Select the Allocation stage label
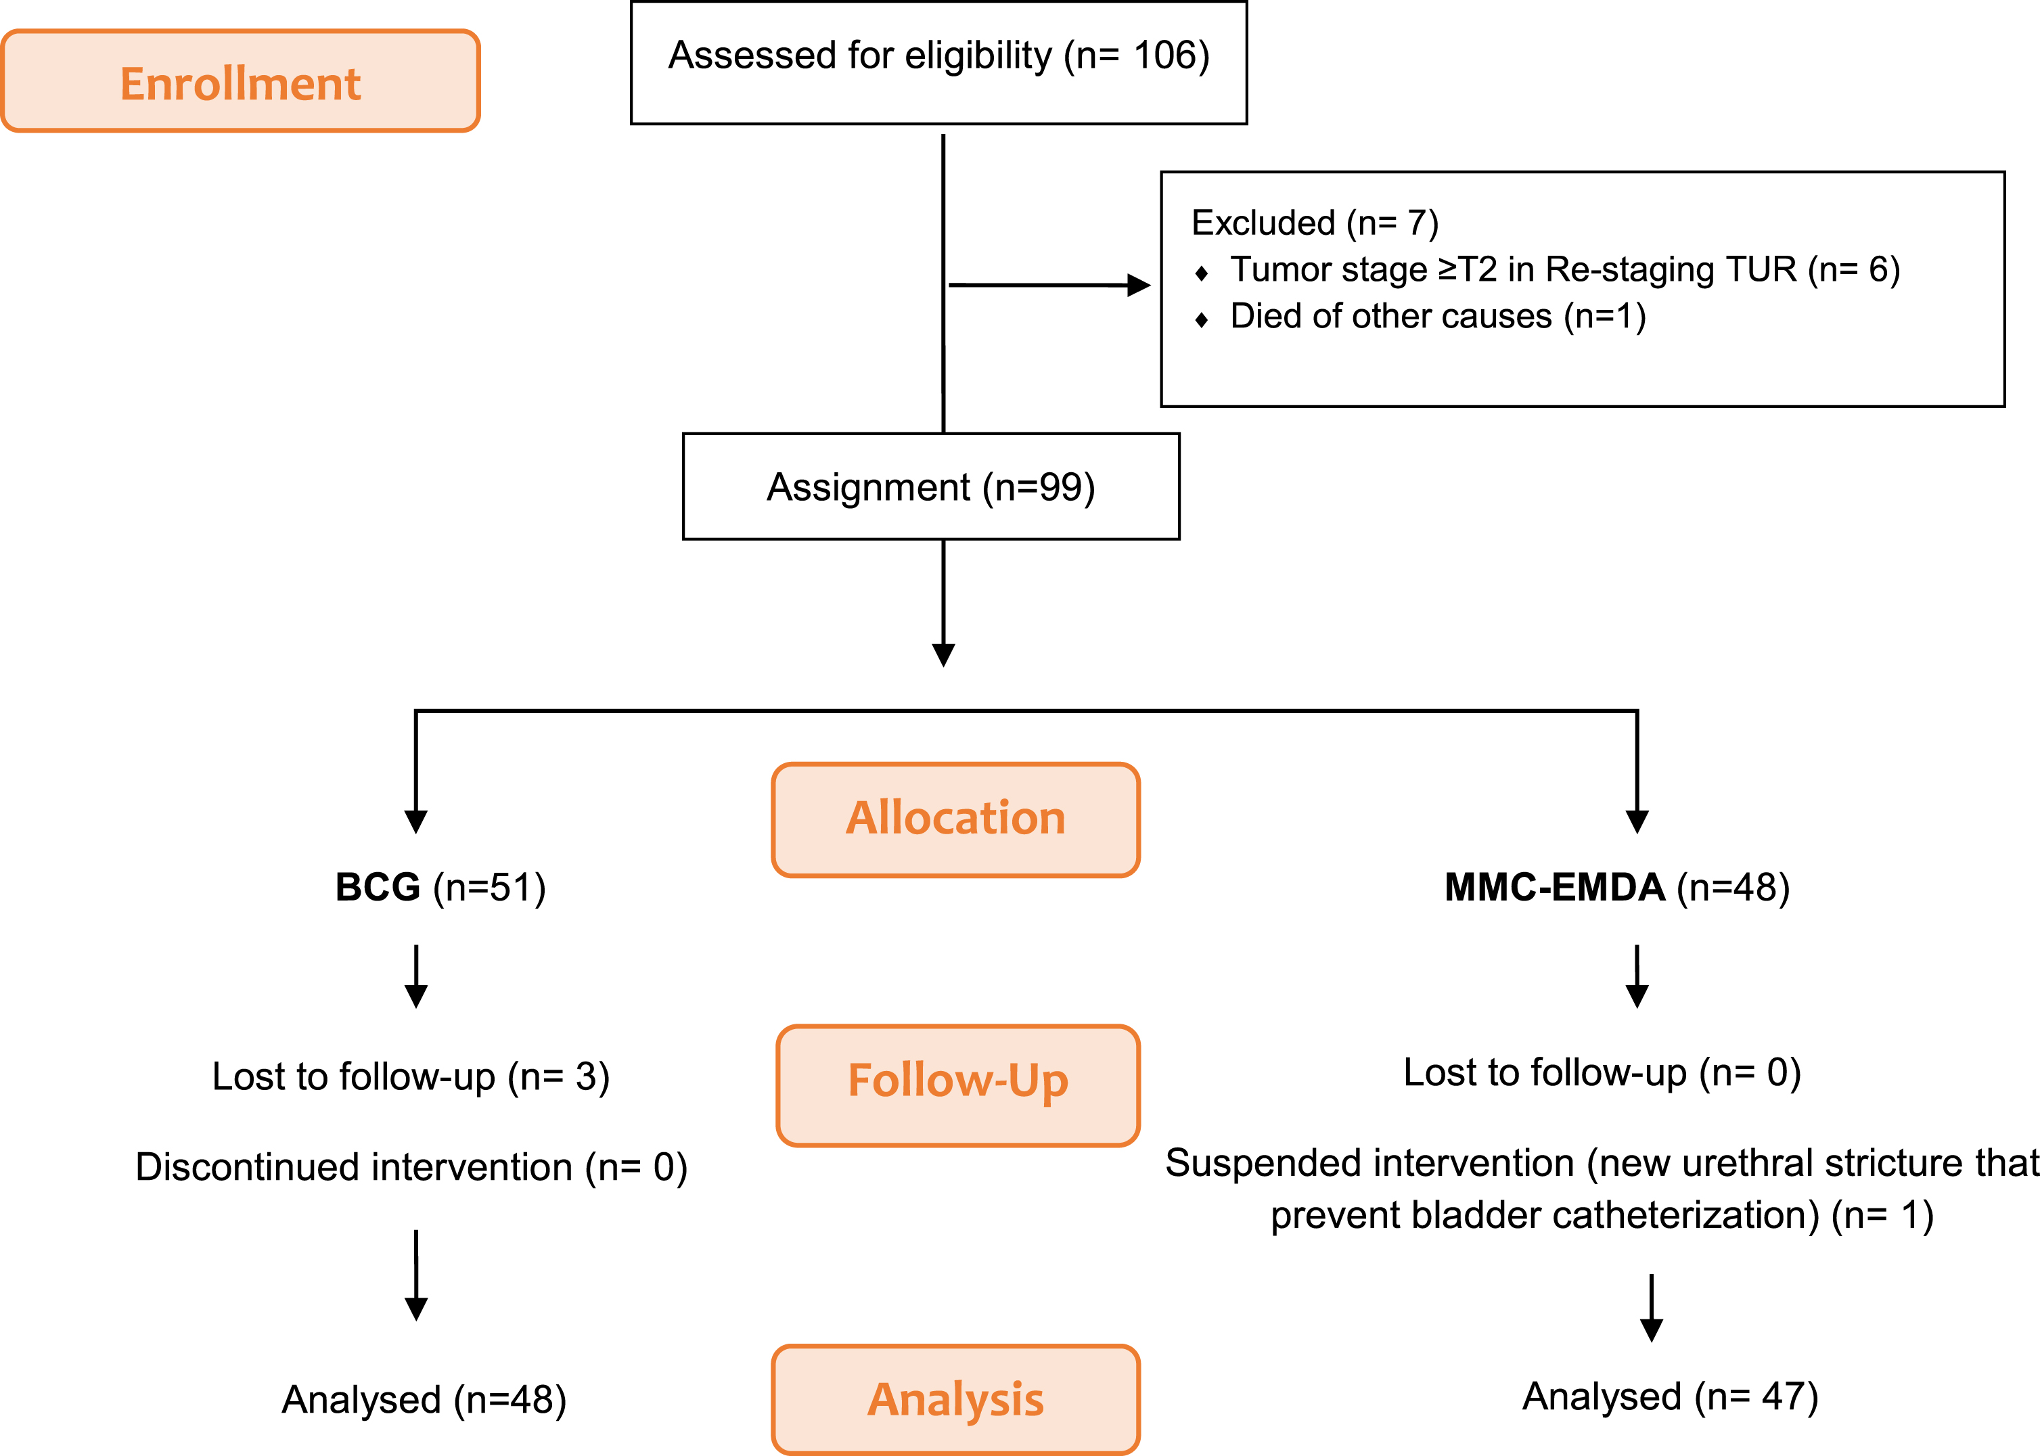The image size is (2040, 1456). (956, 819)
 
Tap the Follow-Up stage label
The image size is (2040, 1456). (957, 1085)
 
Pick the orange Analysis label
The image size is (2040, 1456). (956, 1398)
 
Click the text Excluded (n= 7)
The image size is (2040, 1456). (1315, 223)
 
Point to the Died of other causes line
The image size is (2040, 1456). (1437, 317)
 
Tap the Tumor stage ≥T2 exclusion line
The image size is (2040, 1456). (1565, 270)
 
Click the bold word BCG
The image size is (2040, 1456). (378, 887)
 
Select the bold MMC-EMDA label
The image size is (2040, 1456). (1554, 887)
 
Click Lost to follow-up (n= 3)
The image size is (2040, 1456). (411, 1076)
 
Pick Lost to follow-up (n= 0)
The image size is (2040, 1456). (1602, 1072)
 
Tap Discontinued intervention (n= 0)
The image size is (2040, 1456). (411, 1167)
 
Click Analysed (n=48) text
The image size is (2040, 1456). (424, 1400)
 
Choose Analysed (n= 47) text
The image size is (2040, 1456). (1671, 1396)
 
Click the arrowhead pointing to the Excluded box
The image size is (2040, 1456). (1139, 285)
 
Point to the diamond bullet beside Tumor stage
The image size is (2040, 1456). (1202, 273)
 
